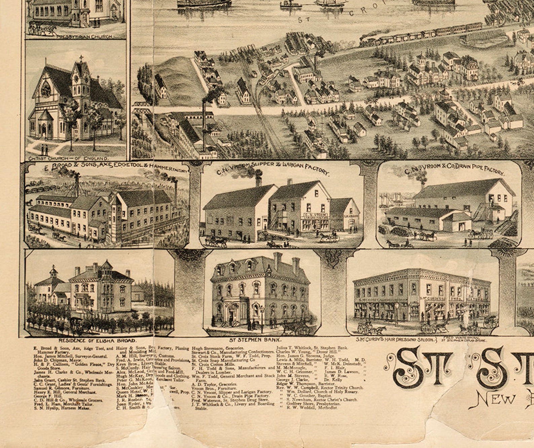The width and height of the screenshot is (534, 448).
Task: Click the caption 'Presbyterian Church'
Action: pos(85,37)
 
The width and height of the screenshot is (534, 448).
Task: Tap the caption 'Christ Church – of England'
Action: pos(69,158)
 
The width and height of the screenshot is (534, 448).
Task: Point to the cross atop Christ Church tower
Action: pos(81,58)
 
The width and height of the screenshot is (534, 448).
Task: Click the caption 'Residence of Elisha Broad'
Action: pos(98,340)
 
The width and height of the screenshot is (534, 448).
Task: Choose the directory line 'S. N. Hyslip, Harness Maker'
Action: pos(62,408)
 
